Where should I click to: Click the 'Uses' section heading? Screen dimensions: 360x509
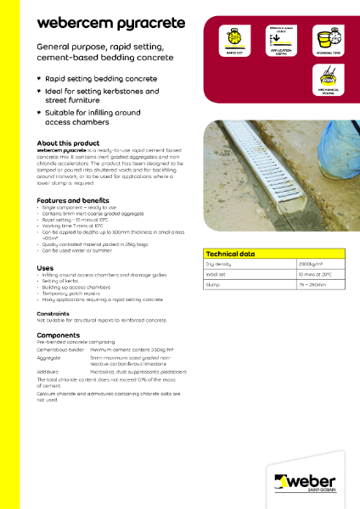(x=45, y=267)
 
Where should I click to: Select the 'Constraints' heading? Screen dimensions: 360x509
(x=54, y=312)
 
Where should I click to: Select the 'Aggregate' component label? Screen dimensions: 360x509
(x=51, y=359)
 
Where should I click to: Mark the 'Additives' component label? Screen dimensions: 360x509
(x=49, y=372)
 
